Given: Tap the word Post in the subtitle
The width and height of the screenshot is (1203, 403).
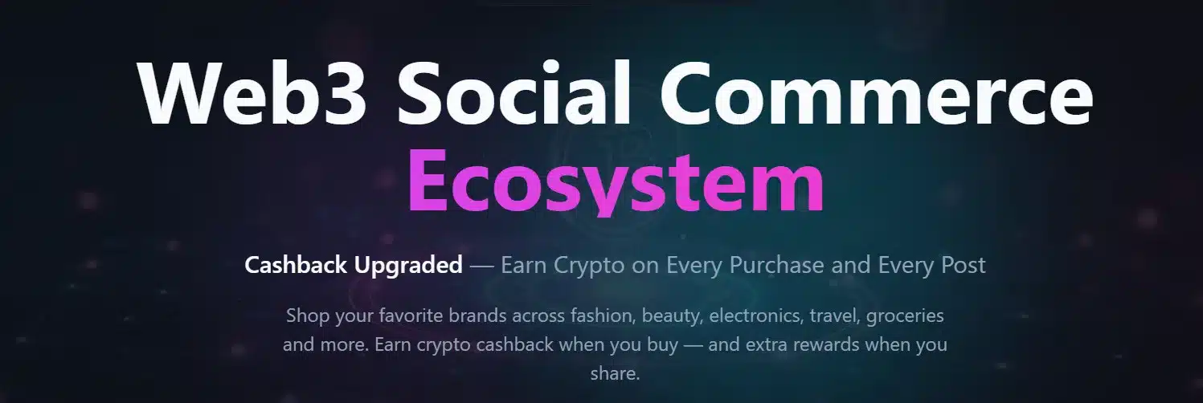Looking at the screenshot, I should coord(959,265).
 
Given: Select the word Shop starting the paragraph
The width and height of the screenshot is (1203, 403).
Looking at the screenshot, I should coord(306,315).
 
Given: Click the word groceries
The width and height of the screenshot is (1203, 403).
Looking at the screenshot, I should coord(906,315).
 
